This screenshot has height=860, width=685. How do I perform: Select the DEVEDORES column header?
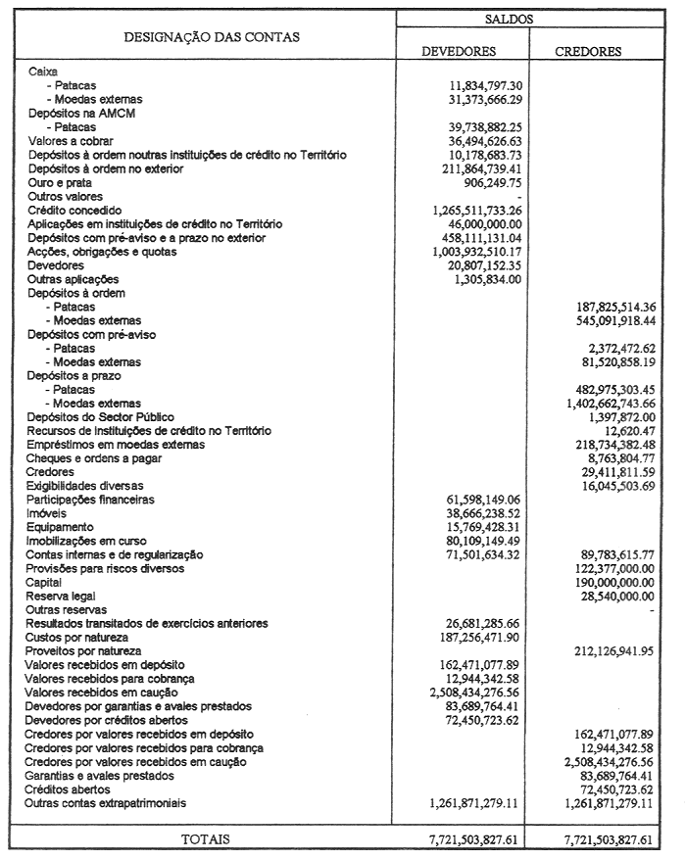(x=459, y=51)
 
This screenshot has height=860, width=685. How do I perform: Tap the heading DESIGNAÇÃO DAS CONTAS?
(x=212, y=37)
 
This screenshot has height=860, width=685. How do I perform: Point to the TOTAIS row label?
(x=204, y=839)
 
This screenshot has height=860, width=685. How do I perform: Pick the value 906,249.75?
(x=486, y=182)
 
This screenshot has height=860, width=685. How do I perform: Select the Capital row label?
(x=46, y=581)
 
